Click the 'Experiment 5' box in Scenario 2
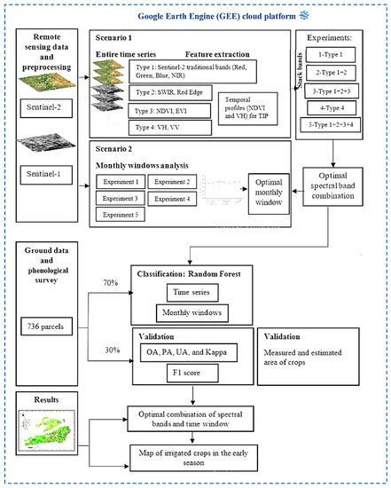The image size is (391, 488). [x=123, y=214]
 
